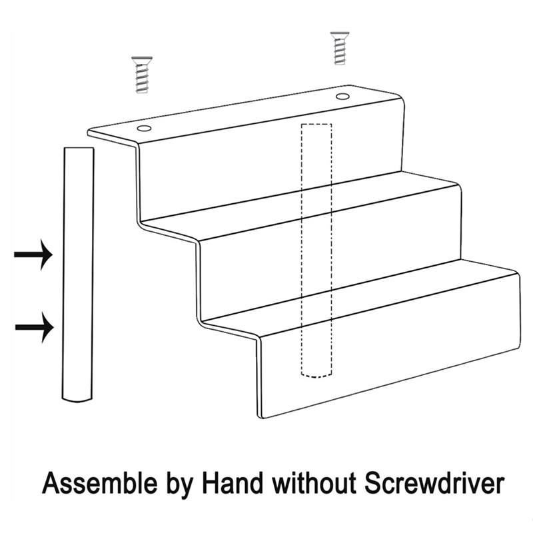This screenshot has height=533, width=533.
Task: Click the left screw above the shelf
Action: tap(141, 74)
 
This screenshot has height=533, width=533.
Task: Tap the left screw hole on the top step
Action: tap(144, 127)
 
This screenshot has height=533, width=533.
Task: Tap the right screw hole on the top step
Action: tap(342, 97)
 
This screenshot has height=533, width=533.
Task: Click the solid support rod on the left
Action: tap(79, 273)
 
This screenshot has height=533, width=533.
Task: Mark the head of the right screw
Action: tap(339, 34)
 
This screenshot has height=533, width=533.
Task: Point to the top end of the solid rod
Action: tap(79, 151)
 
